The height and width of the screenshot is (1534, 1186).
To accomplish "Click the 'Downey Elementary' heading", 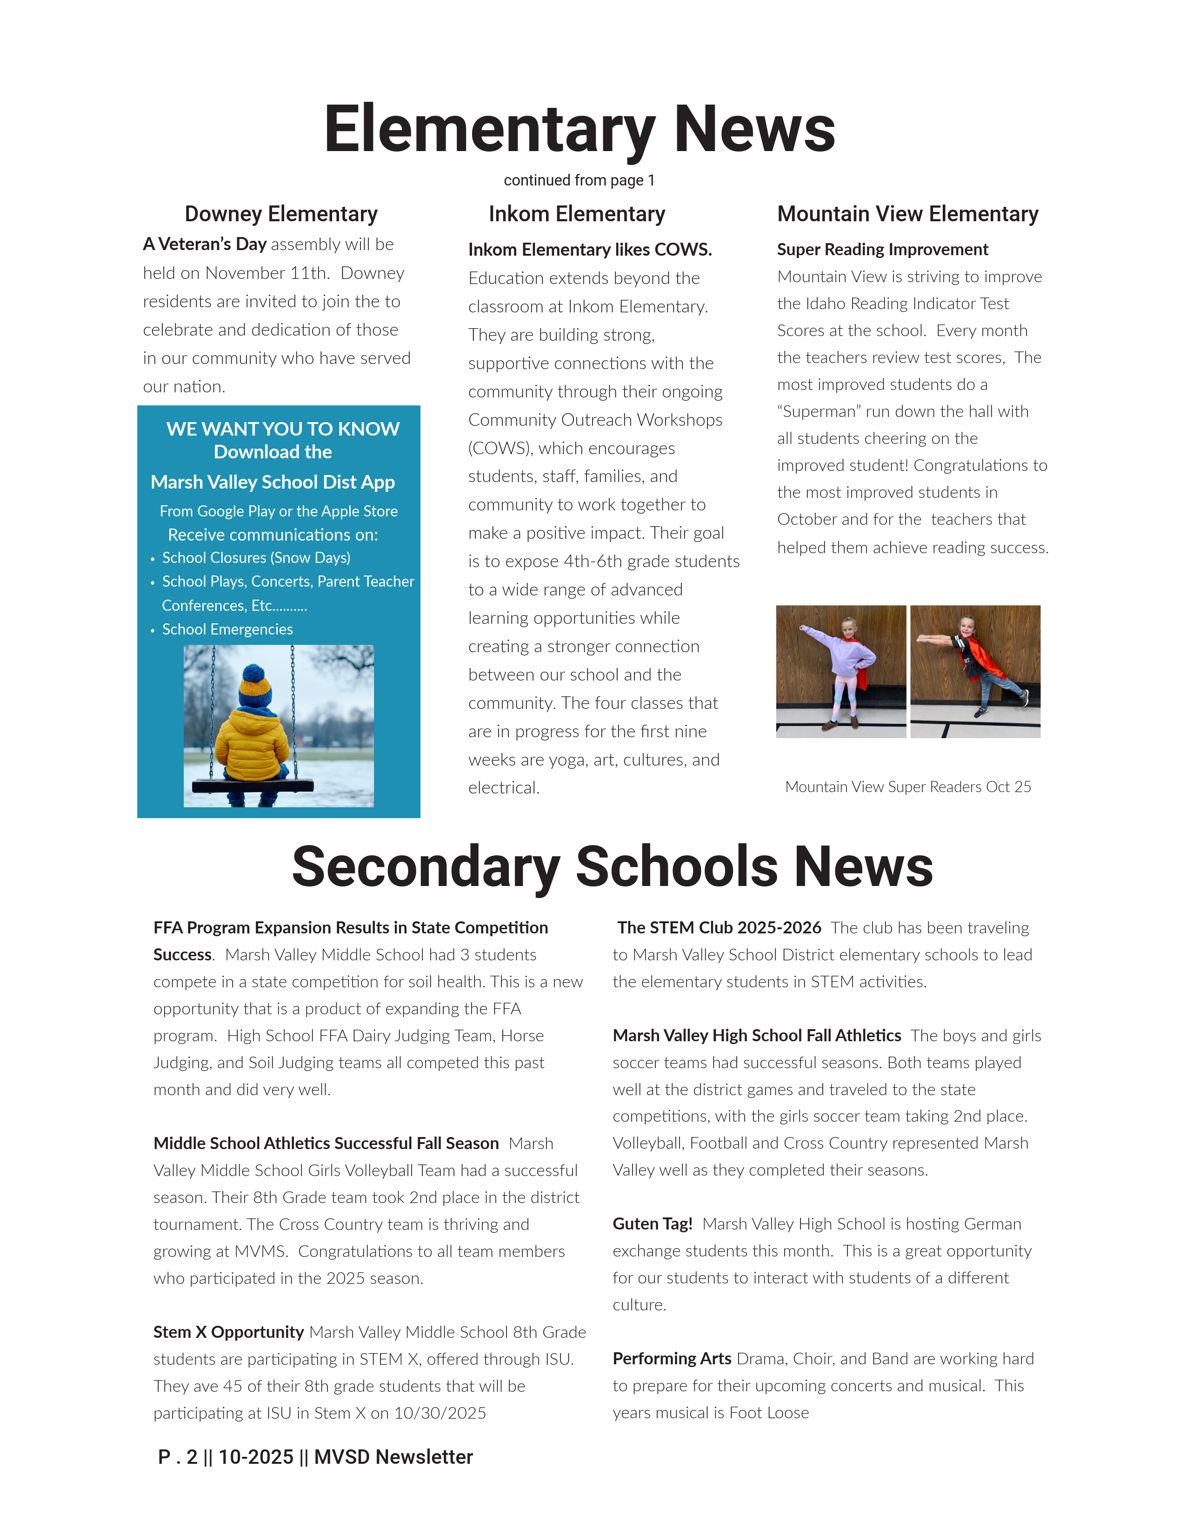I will pos(281,213).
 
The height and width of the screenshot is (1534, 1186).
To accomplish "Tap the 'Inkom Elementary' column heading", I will pos(577,213).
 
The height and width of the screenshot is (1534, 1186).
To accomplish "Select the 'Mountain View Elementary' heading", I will pos(907,213).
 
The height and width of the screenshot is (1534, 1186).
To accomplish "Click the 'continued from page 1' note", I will pos(579,180).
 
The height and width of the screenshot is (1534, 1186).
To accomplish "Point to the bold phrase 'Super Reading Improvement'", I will pos(882,249).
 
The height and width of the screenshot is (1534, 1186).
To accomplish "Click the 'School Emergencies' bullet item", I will pos(227,629).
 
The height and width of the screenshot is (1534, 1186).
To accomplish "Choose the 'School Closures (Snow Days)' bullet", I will pos(256,558).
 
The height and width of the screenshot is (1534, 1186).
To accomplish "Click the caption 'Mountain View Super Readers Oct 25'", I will pos(908,787).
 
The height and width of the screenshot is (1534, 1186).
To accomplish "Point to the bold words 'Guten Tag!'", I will pos(652,1223).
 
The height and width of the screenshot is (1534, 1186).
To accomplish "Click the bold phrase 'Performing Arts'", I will pos(672,1358).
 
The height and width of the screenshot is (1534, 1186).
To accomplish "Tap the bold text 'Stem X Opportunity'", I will pos(228,1332).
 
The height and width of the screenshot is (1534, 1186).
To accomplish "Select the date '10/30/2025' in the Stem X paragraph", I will pos(440,1413).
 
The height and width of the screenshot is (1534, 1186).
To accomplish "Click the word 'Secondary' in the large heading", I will pos(426,867).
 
